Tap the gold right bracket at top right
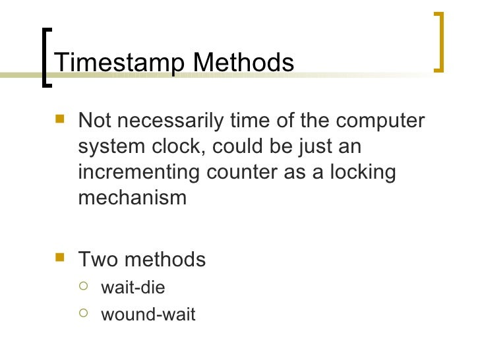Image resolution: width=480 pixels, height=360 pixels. coord(440,41)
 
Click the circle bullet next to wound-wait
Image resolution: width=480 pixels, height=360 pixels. coord(83,313)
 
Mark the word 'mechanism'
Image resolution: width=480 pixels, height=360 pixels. coord(133,197)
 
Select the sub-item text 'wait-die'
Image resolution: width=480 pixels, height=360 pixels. coord(133,288)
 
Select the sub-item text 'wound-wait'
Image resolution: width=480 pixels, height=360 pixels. coord(148,315)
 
